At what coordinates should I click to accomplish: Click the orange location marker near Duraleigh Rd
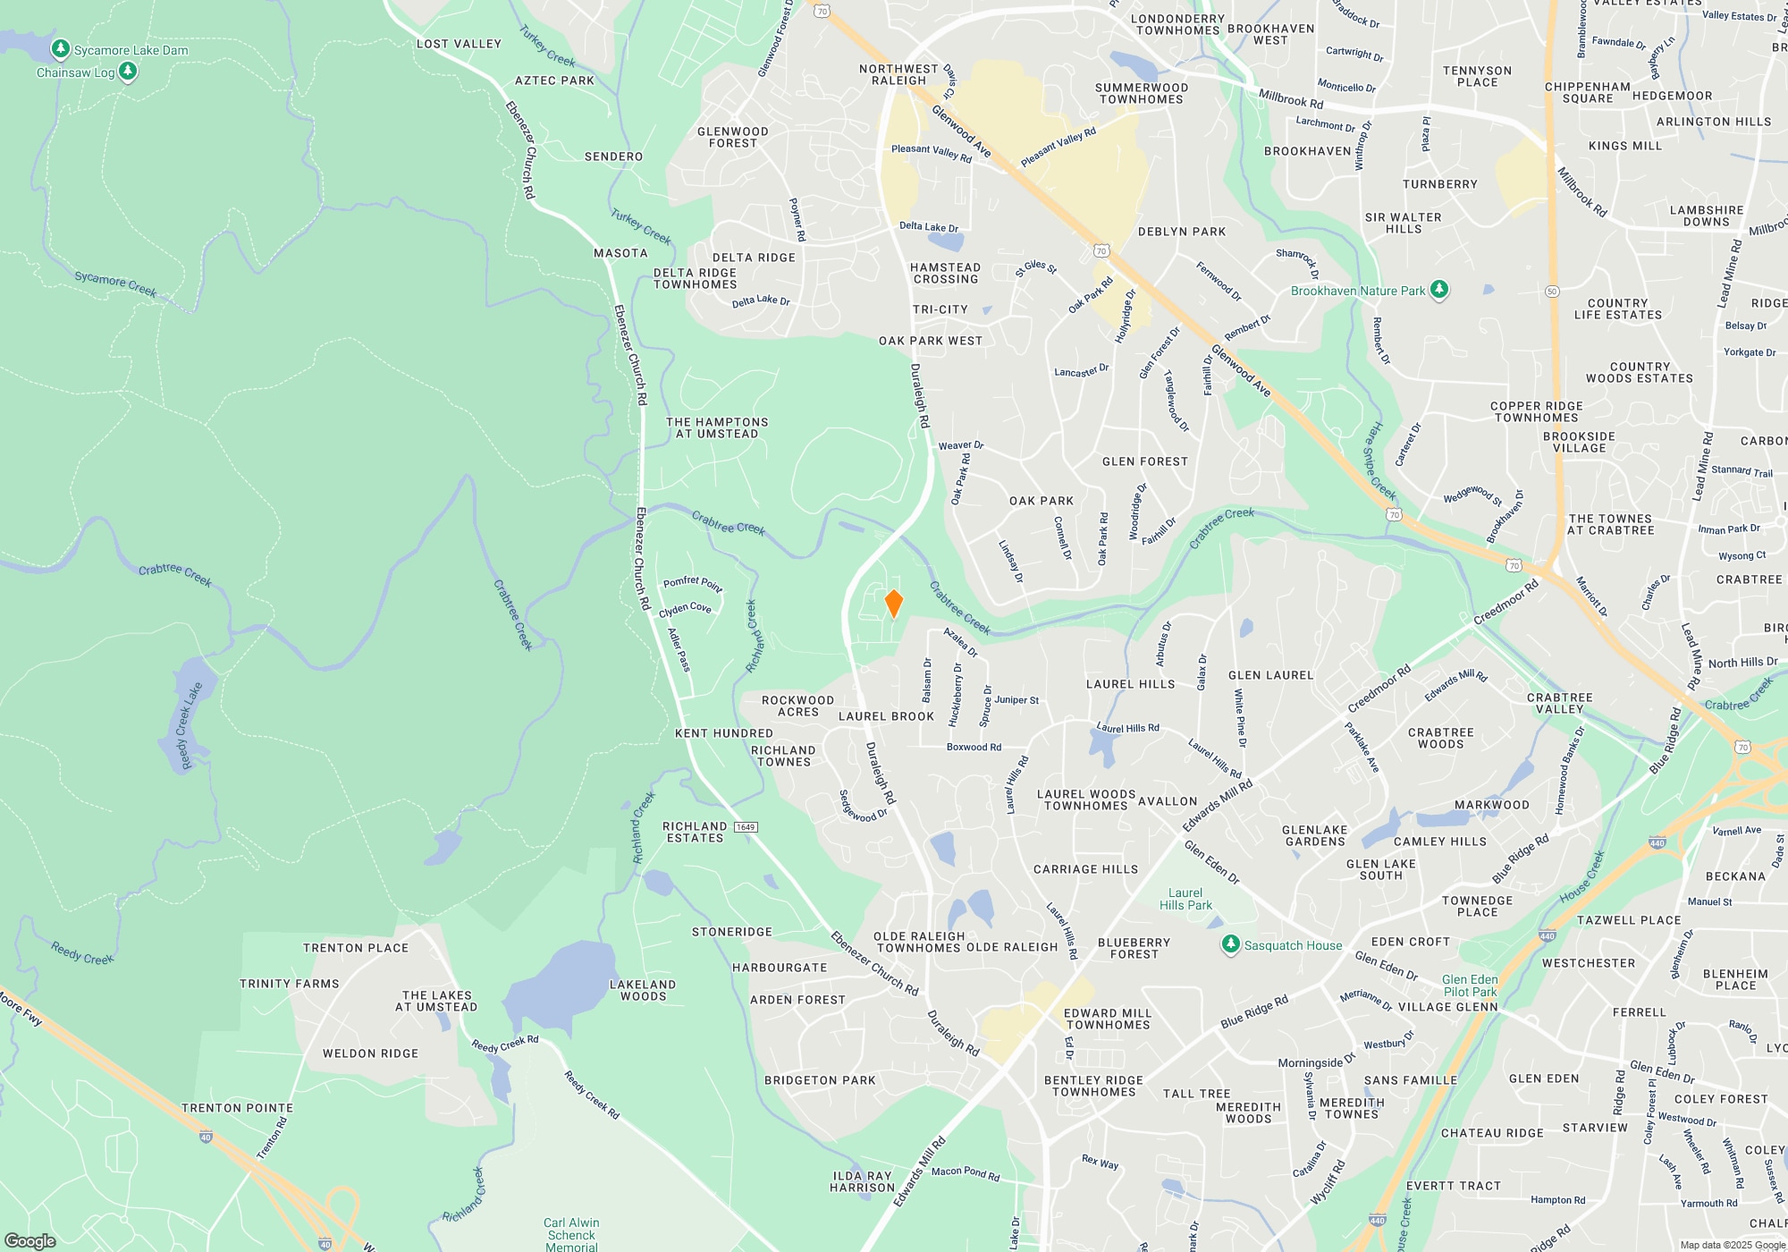pos(893,604)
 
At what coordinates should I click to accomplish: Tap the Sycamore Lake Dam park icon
pos(61,49)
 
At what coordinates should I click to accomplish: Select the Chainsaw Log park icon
pos(128,72)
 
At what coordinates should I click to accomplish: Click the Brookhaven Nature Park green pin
pos(1438,289)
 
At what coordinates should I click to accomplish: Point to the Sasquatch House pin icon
pos(1231,944)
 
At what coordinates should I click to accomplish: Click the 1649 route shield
pos(746,827)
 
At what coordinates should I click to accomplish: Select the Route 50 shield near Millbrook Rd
pos(1552,292)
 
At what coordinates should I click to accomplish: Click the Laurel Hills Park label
pos(1185,899)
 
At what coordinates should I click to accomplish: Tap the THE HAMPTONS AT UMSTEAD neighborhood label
pos(717,427)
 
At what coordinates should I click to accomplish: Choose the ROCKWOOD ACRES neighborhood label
pos(797,706)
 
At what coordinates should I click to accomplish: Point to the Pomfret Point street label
pos(693,583)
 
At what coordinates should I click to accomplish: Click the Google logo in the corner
pos(30,1240)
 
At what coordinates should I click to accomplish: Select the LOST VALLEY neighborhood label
pos(459,44)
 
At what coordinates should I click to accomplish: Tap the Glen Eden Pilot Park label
pos(1470,986)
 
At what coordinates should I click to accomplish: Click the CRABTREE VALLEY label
pos(1560,703)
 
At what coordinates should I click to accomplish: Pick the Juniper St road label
pos(1016,700)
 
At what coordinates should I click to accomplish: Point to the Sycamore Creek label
pos(115,283)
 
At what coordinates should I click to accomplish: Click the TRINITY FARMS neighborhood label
pos(290,984)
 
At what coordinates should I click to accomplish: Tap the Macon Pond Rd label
pos(966,1172)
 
